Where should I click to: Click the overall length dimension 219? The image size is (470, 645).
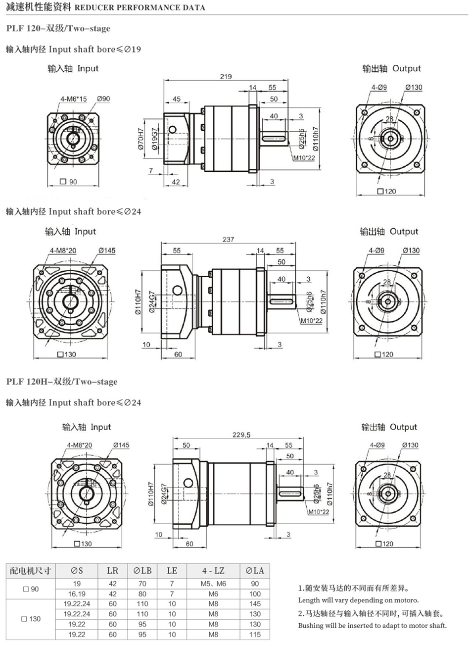point(226,77)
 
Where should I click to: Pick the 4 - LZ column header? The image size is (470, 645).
point(213,570)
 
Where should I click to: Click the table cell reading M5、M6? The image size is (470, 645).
point(213,584)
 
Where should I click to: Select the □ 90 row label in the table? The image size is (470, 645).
point(31,589)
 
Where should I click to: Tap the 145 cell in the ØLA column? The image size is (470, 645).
point(255,604)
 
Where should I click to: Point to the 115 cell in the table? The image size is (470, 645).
point(255,634)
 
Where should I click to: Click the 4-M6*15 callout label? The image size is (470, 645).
point(73,99)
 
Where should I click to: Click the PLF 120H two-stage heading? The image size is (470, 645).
point(62,382)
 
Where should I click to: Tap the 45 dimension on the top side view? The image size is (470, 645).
point(176,99)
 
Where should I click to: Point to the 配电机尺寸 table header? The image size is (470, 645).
point(31,570)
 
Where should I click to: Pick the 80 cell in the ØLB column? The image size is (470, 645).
point(142,594)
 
